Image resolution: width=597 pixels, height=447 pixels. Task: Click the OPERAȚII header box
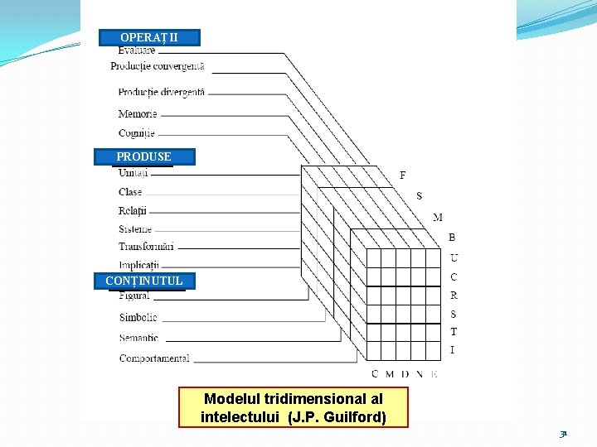pos(149,37)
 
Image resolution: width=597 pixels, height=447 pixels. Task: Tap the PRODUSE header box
pos(144,156)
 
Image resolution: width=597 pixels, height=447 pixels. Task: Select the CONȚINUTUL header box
pos(144,281)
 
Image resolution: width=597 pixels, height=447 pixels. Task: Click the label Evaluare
pos(136,50)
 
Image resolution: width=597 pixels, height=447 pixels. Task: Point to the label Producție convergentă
pos(158,66)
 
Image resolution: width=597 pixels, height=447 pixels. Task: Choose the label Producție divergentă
pos(161,93)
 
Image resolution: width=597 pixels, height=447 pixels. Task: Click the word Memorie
pos(137,114)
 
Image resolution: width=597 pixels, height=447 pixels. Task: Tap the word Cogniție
pos(136,133)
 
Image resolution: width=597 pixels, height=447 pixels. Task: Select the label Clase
pos(130,192)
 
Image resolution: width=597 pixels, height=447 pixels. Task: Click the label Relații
pos(132,210)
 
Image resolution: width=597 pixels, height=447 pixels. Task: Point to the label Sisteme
pos(135,228)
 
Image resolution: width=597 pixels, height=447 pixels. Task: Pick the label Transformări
pos(146,247)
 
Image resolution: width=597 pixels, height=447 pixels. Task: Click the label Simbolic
pos(138,318)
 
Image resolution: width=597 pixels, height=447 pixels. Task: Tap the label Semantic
pos(138,338)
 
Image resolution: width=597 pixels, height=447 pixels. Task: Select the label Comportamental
pos(154,358)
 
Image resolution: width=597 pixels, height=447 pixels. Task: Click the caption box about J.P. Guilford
pos(294,407)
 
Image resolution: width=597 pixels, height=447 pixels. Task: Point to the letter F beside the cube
pos(403,175)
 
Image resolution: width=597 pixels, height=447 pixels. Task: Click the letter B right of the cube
pos(452,238)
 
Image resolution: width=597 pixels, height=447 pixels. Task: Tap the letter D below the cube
pos(404,374)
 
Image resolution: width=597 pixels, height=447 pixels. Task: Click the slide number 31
pos(563,433)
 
